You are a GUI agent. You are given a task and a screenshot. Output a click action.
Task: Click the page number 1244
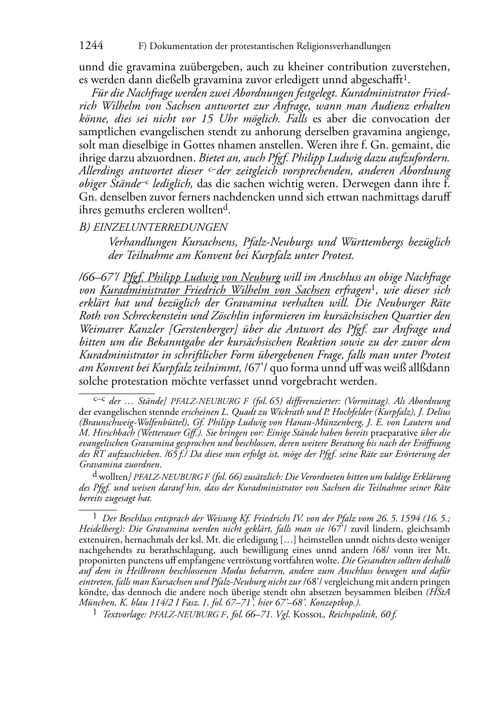[x=91, y=46]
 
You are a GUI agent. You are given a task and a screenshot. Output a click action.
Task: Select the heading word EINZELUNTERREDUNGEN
[x=160, y=228]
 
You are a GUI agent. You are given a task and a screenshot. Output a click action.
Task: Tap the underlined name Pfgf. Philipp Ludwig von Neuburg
[x=201, y=277]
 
